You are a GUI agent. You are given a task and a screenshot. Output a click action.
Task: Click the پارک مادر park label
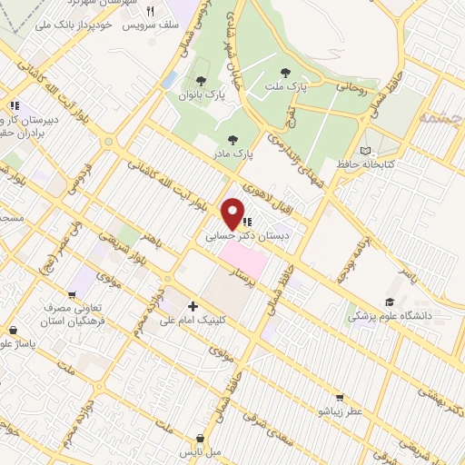pyautogui.click(x=233, y=153)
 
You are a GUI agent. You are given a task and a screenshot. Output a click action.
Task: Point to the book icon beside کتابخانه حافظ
pyautogui.click(x=365, y=150)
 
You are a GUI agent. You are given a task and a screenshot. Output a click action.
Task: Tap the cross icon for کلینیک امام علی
pyautogui.click(x=193, y=306)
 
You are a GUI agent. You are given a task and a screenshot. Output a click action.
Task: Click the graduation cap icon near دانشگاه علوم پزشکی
pyautogui.click(x=390, y=302)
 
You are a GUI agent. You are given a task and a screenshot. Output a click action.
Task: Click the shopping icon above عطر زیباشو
pyautogui.click(x=340, y=397)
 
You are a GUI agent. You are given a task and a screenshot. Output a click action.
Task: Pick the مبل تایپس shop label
pyautogui.click(x=200, y=451)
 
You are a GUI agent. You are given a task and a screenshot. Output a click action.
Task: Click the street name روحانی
pyautogui.click(x=351, y=89)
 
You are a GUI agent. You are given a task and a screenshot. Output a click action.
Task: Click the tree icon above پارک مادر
pyautogui.click(x=233, y=139)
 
